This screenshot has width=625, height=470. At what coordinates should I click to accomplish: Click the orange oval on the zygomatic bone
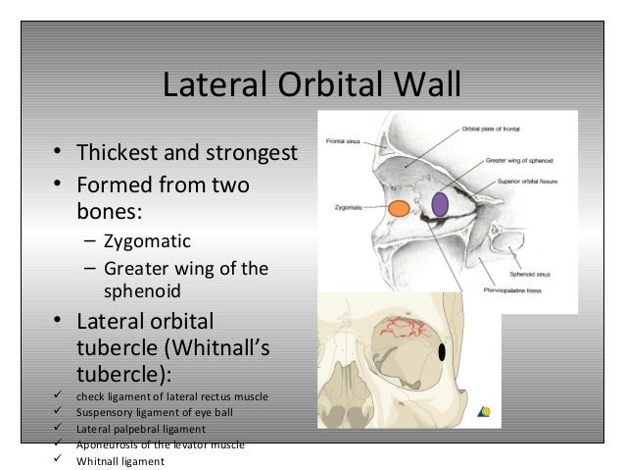pyautogui.click(x=398, y=208)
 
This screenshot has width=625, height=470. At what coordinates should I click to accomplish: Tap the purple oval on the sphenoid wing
pyautogui.click(x=440, y=203)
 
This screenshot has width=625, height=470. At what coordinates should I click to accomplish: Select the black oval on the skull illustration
pyautogui.click(x=442, y=351)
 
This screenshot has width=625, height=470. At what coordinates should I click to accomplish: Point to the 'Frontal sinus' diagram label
pyautogui.click(x=346, y=141)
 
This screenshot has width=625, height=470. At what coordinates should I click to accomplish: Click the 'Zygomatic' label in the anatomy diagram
pyautogui.click(x=350, y=208)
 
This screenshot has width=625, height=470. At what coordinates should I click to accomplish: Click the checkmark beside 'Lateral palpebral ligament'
pyautogui.click(x=58, y=429)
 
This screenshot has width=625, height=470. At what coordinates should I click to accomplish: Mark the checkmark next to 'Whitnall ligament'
pyautogui.click(x=58, y=461)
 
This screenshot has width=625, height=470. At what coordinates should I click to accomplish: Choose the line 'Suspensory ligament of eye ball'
pyautogui.click(x=155, y=412)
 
